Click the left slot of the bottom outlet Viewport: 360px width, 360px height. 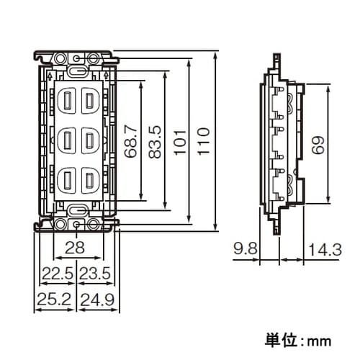tap(68, 177)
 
